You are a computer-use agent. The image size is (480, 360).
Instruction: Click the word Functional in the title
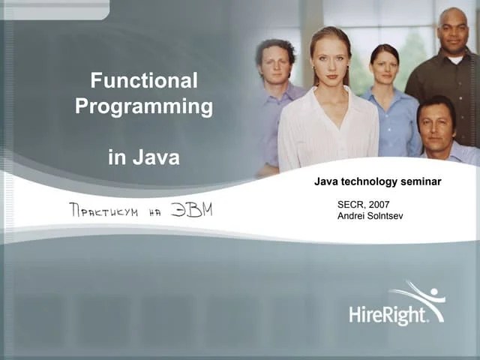(144, 80)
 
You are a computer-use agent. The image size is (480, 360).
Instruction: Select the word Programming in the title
(144, 106)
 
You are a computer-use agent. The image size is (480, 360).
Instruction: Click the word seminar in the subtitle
(420, 181)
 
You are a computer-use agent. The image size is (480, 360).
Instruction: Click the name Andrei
(352, 216)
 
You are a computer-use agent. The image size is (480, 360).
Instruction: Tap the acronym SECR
(350, 204)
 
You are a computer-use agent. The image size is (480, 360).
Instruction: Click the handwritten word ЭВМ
(191, 209)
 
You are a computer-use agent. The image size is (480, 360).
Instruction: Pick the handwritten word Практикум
(103, 211)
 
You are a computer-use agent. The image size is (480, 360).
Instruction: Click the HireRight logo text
(388, 313)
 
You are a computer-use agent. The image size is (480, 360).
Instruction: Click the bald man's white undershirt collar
(455, 58)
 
